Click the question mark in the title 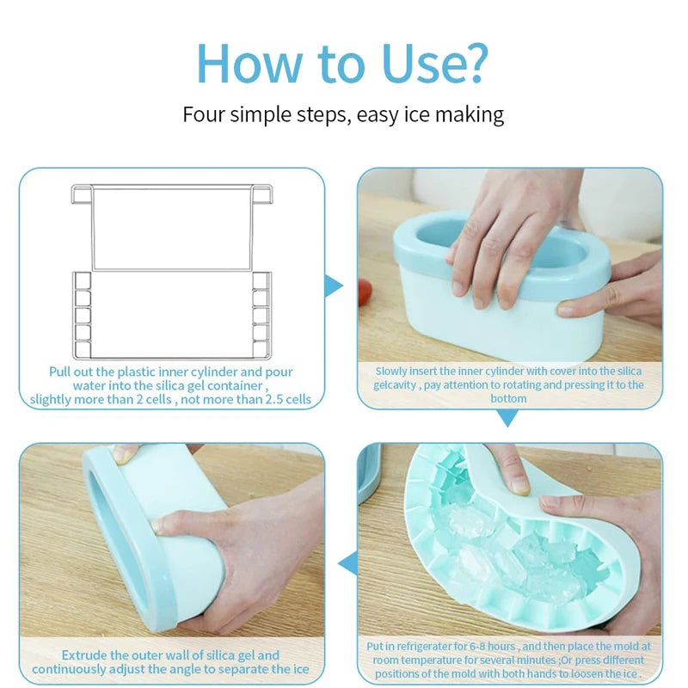(x=474, y=62)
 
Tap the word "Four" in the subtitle (x=204, y=114)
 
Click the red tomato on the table (x=365, y=292)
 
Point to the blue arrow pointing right (x=335, y=286)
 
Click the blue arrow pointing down (x=507, y=418)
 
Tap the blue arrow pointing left (x=348, y=563)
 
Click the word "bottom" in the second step (x=508, y=398)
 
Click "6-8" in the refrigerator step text (x=479, y=647)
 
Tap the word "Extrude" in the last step (x=84, y=655)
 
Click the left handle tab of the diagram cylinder (x=82, y=194)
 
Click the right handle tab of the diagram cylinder (x=261, y=194)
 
